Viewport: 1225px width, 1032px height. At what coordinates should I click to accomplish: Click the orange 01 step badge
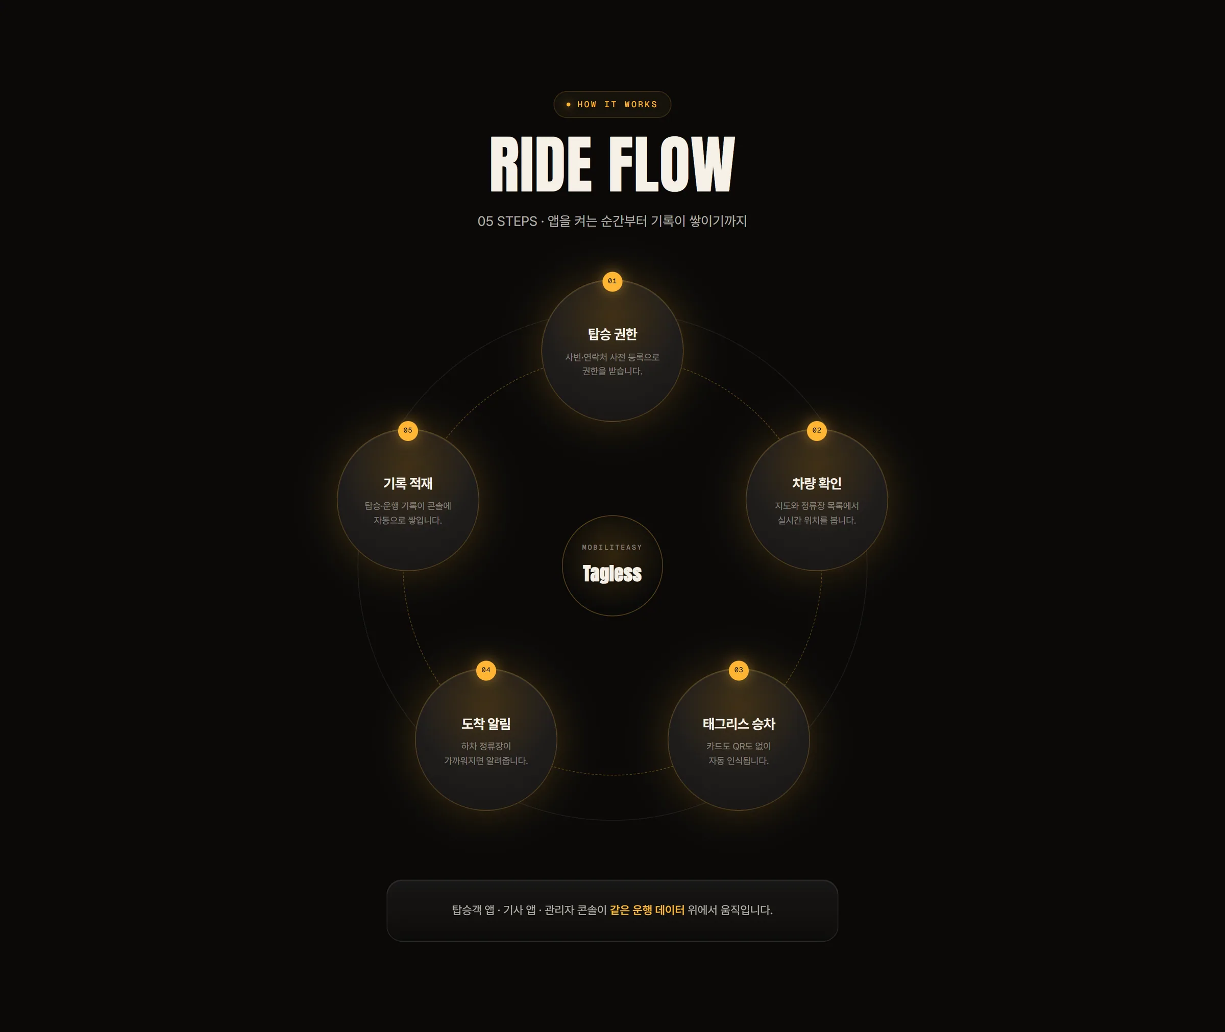tap(612, 281)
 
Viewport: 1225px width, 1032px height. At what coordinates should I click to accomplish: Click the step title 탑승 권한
tap(612, 334)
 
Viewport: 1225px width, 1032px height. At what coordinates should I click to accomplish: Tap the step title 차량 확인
tap(817, 483)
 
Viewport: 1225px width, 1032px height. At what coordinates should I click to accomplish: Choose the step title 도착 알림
tap(486, 724)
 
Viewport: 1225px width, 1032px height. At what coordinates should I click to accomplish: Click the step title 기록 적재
tap(408, 483)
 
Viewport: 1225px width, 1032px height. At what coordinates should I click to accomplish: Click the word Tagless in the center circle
tap(612, 573)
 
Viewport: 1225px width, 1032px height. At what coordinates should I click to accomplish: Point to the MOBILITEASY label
tap(612, 548)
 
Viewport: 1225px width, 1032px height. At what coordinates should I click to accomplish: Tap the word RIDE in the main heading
tap(541, 164)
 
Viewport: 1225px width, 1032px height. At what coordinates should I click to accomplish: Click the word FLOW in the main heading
tap(672, 164)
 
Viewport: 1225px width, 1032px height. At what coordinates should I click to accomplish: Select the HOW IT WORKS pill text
tap(617, 105)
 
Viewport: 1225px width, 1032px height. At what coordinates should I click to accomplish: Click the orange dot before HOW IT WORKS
tap(568, 105)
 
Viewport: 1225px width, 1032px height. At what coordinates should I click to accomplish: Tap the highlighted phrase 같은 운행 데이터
tap(647, 910)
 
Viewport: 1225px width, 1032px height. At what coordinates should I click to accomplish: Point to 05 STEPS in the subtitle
tap(507, 221)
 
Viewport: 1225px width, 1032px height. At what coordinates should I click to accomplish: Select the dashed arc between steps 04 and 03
tap(612, 775)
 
